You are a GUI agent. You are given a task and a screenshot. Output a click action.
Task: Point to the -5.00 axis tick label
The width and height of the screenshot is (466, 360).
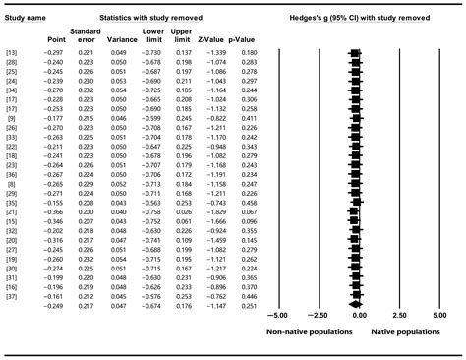[277, 316]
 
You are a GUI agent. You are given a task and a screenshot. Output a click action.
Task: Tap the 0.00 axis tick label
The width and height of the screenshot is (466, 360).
[358, 316]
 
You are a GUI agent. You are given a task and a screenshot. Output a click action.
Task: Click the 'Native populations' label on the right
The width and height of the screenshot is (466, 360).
[405, 333]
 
